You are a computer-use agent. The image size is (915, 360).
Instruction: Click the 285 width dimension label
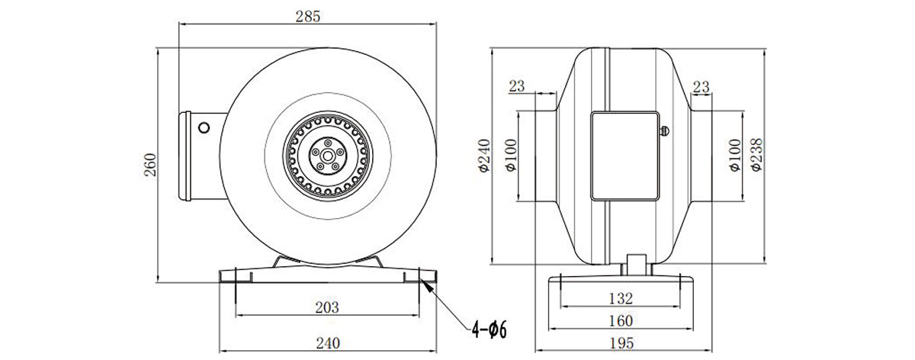[x=308, y=16]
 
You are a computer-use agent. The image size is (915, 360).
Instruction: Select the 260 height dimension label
[x=150, y=165]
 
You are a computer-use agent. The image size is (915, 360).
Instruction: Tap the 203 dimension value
[x=327, y=307]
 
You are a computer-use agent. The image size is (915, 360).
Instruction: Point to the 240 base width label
[x=328, y=342]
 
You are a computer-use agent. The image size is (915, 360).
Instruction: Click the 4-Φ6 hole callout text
[x=490, y=329]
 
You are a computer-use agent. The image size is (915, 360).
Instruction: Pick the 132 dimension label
[x=621, y=298]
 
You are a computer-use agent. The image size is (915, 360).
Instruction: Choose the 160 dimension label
[x=621, y=321]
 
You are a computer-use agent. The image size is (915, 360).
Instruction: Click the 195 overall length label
[x=621, y=343]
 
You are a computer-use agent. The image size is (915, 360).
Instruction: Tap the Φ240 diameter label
[x=484, y=156]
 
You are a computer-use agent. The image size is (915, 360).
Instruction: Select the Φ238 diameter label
[x=756, y=156]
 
